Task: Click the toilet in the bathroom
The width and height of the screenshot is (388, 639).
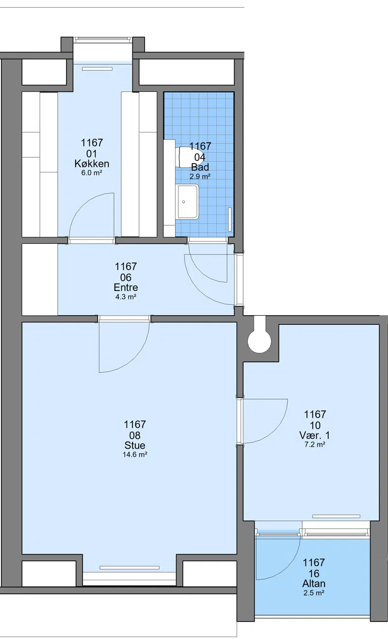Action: point(187,157)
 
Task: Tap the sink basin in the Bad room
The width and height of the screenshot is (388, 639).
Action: point(188,202)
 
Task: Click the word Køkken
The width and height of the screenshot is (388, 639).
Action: point(92,164)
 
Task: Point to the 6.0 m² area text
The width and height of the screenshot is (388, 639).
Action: point(92,173)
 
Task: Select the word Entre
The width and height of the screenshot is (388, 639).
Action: point(126,287)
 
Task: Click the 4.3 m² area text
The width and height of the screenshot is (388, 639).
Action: point(126,297)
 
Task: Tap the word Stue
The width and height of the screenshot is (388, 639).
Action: point(135,445)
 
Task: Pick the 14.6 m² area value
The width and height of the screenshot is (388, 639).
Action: point(135,454)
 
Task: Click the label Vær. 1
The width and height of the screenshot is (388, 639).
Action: point(314,436)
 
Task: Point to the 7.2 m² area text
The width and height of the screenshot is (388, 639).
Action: point(315,444)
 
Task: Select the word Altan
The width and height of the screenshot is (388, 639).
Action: point(314,583)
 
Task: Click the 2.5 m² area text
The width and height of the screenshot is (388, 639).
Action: point(314,593)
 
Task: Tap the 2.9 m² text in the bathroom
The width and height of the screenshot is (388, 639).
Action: point(200,177)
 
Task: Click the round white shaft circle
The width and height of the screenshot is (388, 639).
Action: point(259,341)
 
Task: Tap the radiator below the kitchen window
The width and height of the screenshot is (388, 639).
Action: point(97,69)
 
